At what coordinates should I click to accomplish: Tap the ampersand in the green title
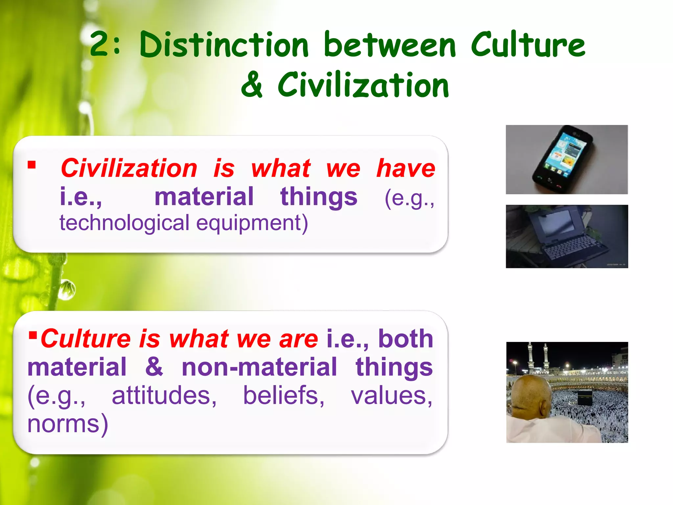click(252, 85)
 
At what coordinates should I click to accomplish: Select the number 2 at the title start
click(100, 44)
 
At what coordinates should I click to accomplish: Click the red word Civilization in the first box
click(129, 168)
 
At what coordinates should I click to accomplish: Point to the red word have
click(406, 168)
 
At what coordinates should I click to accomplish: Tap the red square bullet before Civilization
click(32, 165)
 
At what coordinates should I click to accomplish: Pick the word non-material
click(260, 367)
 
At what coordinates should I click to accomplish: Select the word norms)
click(68, 424)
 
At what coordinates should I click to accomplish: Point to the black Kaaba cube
click(585, 397)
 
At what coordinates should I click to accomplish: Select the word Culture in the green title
click(528, 45)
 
